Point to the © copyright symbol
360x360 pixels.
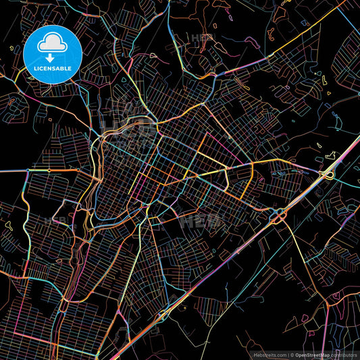tap(292, 354)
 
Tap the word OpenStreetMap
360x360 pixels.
tap(312, 354)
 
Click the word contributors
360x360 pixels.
tap(342, 354)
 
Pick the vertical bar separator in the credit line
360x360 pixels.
tap(288, 354)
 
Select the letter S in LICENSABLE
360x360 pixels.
tap(53, 69)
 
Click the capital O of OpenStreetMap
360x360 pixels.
tap(297, 354)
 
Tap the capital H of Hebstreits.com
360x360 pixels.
tap(256, 354)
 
